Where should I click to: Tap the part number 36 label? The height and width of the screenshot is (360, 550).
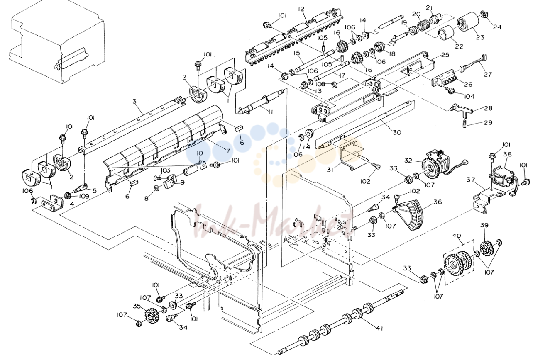pos(438,202)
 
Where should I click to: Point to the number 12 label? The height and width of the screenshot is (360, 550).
pos(301,9)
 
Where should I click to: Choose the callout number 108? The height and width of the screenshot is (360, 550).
pos(320,84)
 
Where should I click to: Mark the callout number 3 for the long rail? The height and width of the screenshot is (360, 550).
pos(134,101)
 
